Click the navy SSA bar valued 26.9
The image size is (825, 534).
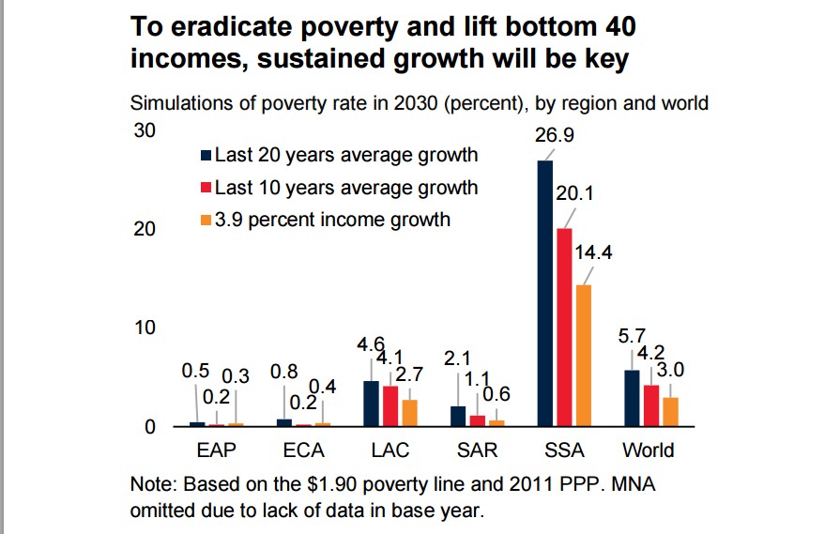(544, 294)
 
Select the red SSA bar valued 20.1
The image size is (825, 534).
(564, 328)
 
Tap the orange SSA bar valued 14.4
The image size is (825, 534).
(583, 356)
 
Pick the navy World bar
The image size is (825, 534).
(632, 399)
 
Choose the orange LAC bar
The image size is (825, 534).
(408, 413)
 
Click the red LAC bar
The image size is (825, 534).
(390, 406)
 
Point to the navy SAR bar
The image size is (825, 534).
(458, 417)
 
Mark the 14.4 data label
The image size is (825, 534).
(592, 252)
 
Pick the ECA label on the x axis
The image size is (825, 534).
(303, 450)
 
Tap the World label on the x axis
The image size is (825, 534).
(649, 450)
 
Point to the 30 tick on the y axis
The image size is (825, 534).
(144, 130)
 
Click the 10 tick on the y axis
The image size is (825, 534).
(144, 328)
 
